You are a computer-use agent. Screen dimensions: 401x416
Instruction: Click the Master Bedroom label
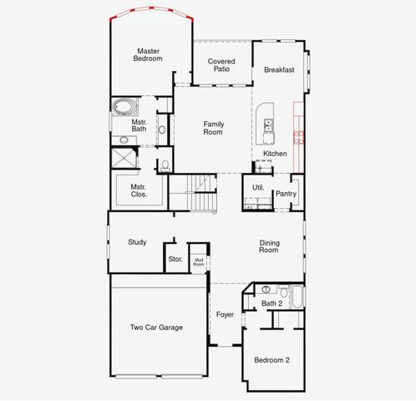(x=149, y=55)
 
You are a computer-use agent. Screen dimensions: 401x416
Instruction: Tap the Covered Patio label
(x=221, y=65)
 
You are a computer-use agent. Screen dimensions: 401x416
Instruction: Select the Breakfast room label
(x=279, y=70)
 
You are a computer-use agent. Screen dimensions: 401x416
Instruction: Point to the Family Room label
(x=214, y=128)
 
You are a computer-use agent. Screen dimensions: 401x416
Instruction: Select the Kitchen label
(x=276, y=155)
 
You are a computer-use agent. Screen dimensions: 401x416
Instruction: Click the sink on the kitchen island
(x=269, y=126)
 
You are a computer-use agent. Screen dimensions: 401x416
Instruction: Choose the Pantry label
(x=287, y=194)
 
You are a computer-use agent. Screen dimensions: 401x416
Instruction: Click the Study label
(x=137, y=242)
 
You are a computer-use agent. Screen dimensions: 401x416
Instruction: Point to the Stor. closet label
(x=175, y=259)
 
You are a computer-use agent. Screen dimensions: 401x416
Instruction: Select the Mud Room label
(x=199, y=261)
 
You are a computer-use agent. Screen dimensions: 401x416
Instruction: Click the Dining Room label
(x=268, y=246)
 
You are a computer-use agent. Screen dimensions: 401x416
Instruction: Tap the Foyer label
(x=225, y=315)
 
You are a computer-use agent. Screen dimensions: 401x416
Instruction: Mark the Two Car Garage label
(x=157, y=327)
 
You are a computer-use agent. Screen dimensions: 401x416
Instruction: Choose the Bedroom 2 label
(x=272, y=360)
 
